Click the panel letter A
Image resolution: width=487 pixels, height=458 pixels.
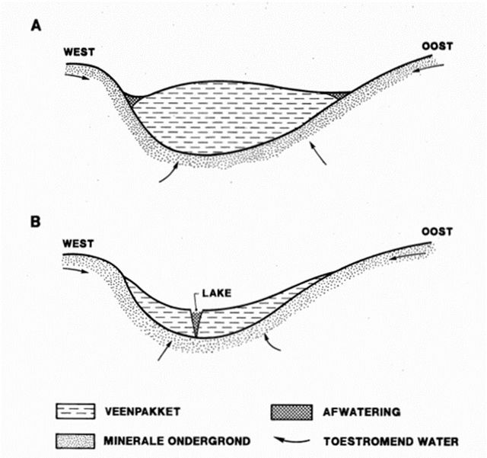tap(36, 25)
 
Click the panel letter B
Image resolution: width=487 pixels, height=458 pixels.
tap(36, 222)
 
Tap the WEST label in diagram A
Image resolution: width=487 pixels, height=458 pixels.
tap(79, 52)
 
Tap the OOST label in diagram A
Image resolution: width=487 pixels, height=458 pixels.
tap(437, 46)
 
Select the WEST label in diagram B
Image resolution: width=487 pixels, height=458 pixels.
tap(78, 244)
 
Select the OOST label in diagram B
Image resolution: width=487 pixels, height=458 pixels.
tap(437, 232)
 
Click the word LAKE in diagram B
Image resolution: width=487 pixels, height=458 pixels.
tap(216, 293)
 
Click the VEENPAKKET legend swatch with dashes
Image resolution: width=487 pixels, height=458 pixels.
tap(75, 412)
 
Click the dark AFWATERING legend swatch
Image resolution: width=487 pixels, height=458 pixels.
tap(292, 412)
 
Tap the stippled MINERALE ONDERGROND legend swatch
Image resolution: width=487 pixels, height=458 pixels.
tap(75, 441)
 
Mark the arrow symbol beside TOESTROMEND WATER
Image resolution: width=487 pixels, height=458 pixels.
tap(292, 440)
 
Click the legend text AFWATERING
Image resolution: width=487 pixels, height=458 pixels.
tap(362, 412)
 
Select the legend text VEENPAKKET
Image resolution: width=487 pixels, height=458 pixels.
tap(142, 412)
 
